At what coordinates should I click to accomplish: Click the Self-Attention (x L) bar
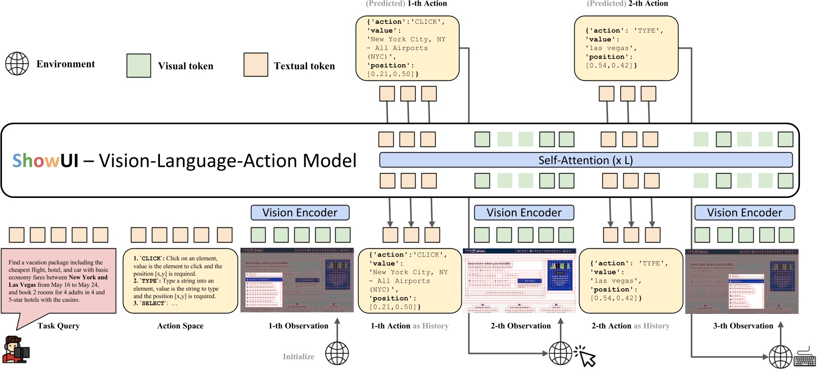(x=586, y=160)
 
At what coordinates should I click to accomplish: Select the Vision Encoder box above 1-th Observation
(x=300, y=213)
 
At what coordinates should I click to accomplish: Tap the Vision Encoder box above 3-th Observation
(x=745, y=213)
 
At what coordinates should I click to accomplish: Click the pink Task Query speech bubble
(x=59, y=281)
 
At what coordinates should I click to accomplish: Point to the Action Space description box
(x=180, y=281)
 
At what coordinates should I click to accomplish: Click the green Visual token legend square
(x=139, y=66)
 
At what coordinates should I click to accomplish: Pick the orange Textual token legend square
(x=256, y=65)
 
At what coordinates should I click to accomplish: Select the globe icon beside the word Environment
(x=17, y=64)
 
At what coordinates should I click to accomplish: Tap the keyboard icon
(x=805, y=357)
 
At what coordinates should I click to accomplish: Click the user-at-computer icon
(x=16, y=350)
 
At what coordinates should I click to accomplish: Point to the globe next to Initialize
(x=337, y=353)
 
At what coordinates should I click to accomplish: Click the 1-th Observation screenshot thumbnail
(x=297, y=280)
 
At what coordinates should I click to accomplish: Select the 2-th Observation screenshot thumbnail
(x=519, y=280)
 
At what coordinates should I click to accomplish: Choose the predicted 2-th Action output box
(x=626, y=49)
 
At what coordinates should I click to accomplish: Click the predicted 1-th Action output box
(x=407, y=48)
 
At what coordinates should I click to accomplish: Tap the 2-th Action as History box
(x=630, y=281)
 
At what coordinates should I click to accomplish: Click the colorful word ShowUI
(x=45, y=161)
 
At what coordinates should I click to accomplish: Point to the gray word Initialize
(x=299, y=357)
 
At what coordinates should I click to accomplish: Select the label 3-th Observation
(x=743, y=326)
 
